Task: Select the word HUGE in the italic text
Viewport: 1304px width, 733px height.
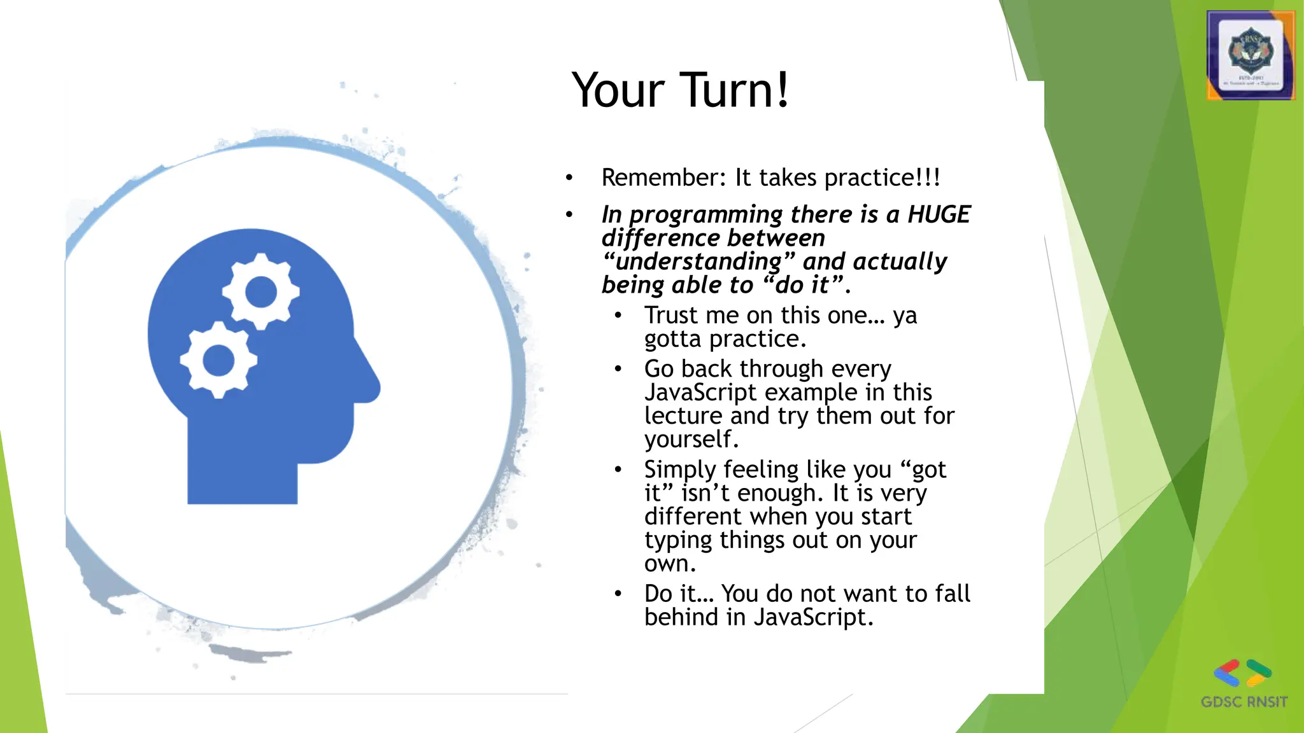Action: point(939,214)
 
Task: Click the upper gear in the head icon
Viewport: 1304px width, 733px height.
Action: point(261,292)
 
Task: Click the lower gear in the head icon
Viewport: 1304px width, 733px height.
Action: point(218,360)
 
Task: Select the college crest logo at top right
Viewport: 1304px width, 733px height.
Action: point(1251,55)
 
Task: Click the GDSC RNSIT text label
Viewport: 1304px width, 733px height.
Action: point(1244,702)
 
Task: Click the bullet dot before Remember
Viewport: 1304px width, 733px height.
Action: point(569,178)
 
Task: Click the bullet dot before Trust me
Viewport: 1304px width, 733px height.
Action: point(618,316)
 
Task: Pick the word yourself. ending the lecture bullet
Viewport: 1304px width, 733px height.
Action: point(691,439)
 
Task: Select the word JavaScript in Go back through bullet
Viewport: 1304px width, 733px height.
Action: point(700,393)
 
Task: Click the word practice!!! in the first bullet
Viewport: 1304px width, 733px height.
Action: point(882,178)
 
